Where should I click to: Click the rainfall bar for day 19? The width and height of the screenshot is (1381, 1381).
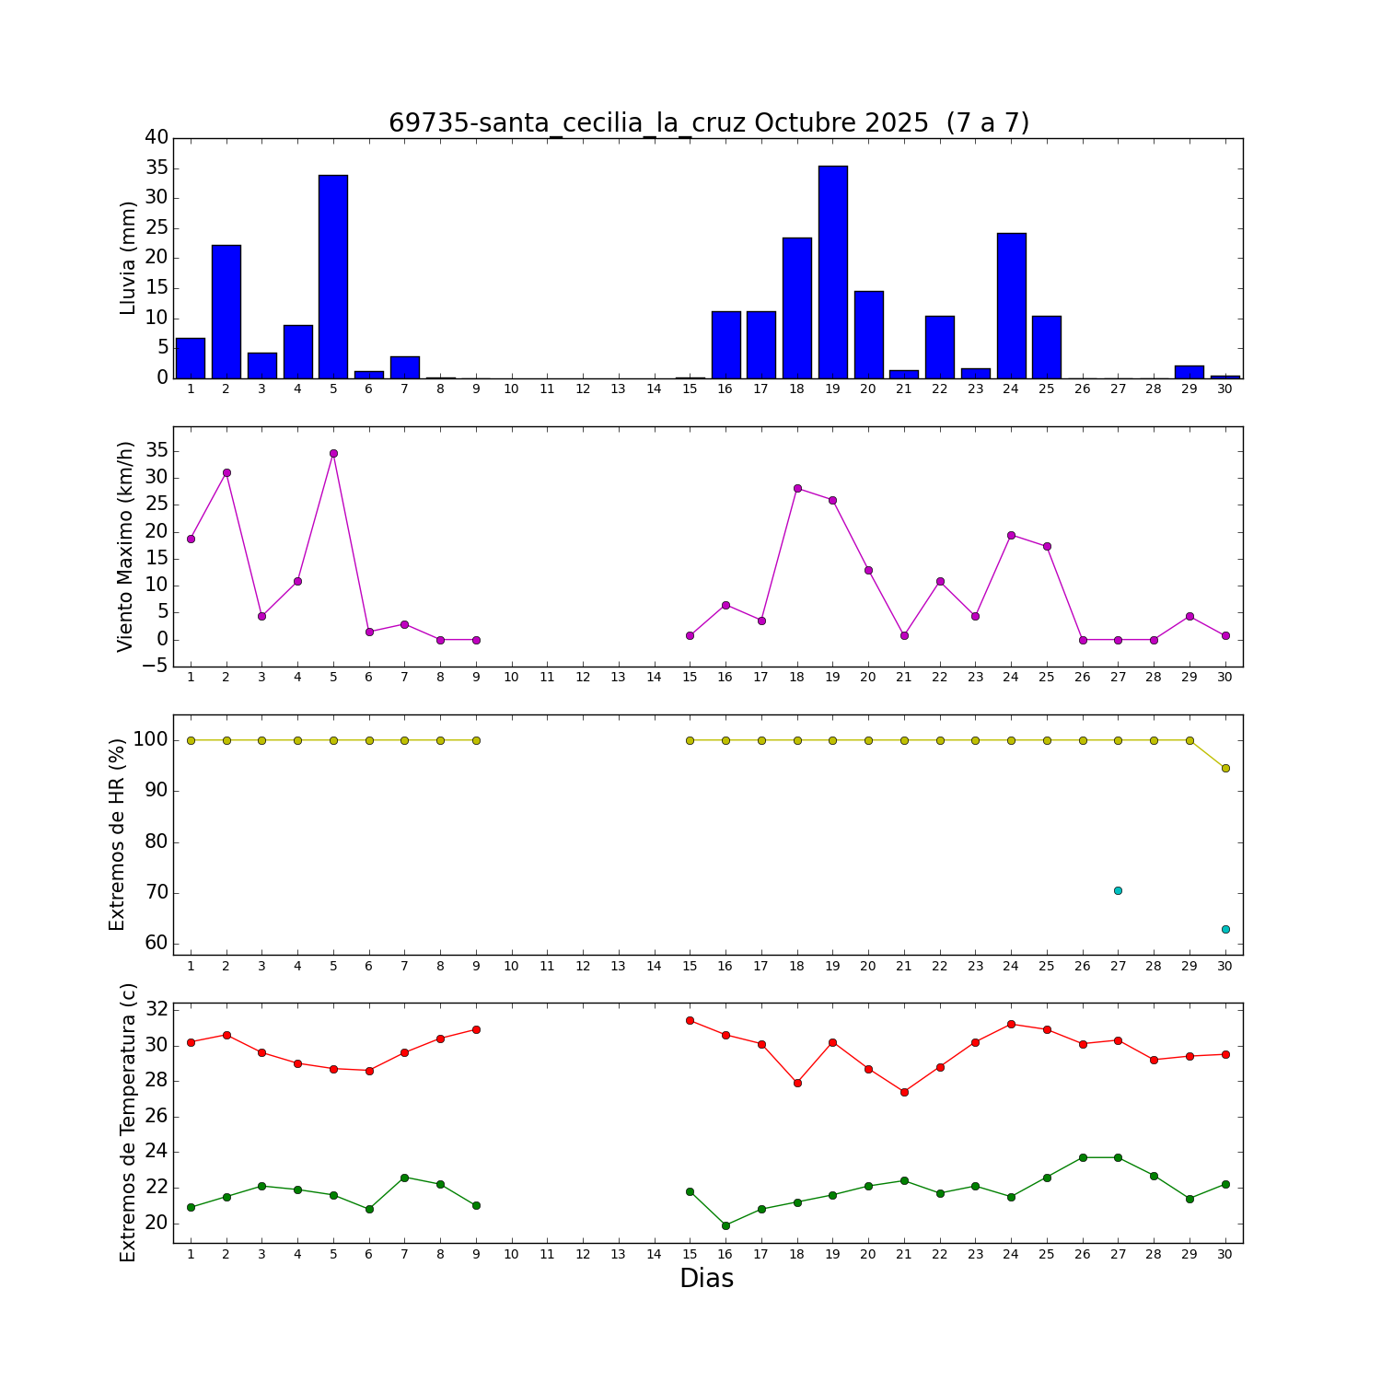point(832,273)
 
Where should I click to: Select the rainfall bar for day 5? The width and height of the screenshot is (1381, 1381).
point(333,276)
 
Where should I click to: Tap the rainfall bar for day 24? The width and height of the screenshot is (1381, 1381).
point(1011,306)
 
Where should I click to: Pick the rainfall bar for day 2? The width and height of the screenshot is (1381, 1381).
point(226,311)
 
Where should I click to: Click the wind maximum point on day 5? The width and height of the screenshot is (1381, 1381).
point(333,453)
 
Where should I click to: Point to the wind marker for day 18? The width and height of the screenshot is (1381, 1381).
point(797,488)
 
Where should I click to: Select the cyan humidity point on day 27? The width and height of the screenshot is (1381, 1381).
point(1118,890)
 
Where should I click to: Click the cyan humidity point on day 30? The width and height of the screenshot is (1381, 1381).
point(1225,929)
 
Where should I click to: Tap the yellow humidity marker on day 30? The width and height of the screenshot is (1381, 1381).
point(1225,768)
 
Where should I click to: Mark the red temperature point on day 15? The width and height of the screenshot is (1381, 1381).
point(690,1020)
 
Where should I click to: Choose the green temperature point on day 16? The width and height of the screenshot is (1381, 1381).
point(725,1225)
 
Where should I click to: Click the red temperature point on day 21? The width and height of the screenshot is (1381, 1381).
point(904,1092)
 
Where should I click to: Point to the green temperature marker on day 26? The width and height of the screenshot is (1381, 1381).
point(1083,1157)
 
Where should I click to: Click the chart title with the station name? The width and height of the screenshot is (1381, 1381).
point(708,123)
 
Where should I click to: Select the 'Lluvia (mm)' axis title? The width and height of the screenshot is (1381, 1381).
point(128,258)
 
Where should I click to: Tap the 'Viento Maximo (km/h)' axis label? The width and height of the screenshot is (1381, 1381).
point(126,546)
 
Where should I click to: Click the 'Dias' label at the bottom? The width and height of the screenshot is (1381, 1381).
point(706,1279)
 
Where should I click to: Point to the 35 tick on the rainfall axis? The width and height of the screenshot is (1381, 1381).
point(157,168)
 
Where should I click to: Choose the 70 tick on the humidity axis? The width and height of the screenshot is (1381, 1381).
point(157,893)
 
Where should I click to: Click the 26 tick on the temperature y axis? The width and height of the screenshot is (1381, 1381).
point(157,1117)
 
